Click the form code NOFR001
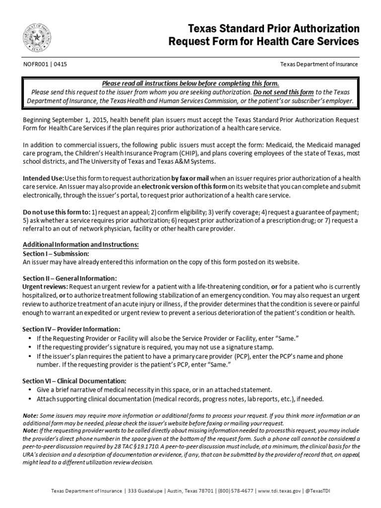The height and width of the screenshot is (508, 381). [x=35, y=64]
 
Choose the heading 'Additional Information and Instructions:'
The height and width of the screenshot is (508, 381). [x=81, y=245]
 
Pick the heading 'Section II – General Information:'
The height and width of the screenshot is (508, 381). [x=70, y=279]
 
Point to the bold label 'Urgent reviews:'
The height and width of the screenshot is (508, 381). [x=46, y=287]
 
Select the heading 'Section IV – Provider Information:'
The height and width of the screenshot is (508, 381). [x=71, y=329]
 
